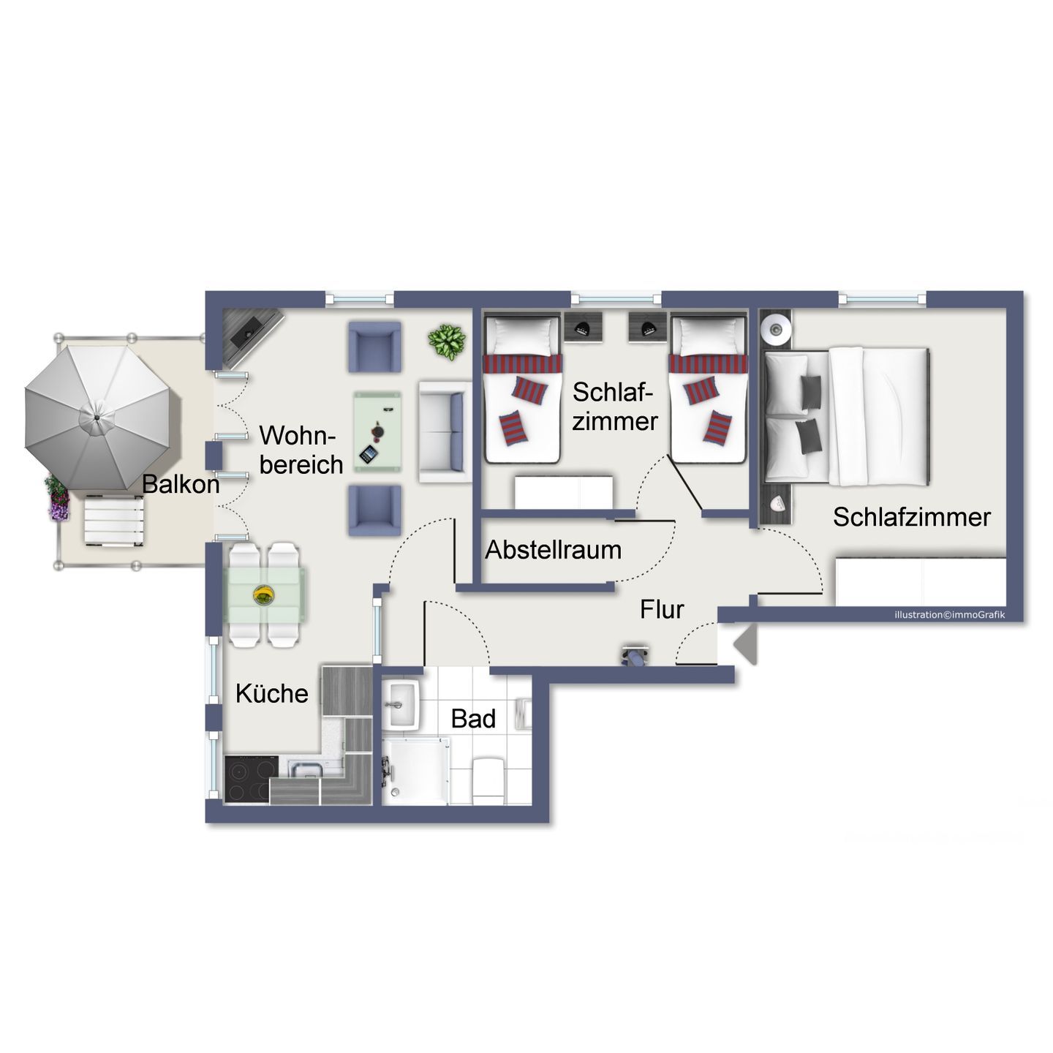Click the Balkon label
[181, 485]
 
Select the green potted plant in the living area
[447, 342]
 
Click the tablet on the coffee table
[369, 454]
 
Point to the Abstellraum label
[553, 551]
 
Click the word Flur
[661, 610]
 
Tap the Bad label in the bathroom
[473, 719]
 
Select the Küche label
[271, 693]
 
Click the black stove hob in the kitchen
[252, 780]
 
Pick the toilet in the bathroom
[488, 780]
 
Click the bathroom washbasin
[401, 704]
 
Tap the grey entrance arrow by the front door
[745, 645]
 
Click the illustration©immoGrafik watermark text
[950, 615]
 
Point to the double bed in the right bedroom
[847, 417]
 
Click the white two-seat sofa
[445, 431]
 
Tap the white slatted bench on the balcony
[113, 521]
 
